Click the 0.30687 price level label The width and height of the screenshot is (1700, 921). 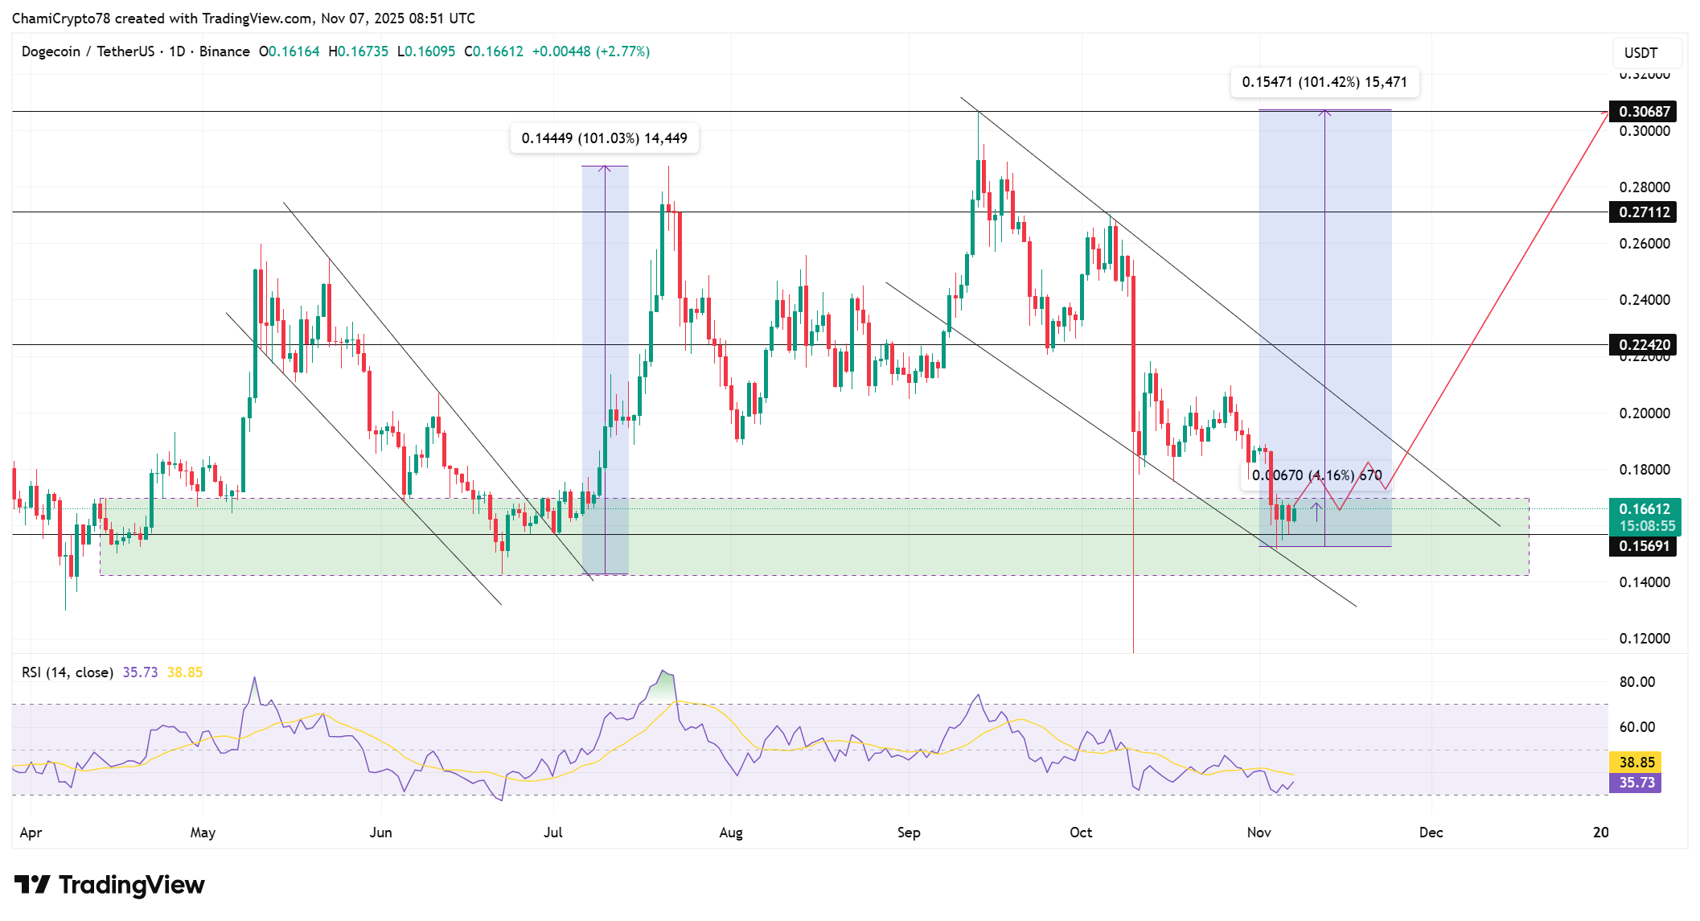click(x=1644, y=112)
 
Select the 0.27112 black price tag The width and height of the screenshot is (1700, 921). click(x=1644, y=212)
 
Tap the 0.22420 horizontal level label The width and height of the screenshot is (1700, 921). click(x=1644, y=345)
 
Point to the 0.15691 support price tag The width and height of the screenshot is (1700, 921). click(x=1644, y=546)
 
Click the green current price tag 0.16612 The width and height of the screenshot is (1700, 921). click(x=1644, y=509)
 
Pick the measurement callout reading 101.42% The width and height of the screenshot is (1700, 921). click(x=1324, y=82)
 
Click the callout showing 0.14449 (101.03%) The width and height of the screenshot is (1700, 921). click(x=604, y=138)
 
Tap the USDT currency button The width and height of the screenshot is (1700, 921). click(x=1640, y=53)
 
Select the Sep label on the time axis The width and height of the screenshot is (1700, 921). click(x=909, y=833)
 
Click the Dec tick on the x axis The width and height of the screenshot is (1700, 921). click(x=1431, y=833)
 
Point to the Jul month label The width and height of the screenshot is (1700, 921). click(x=552, y=833)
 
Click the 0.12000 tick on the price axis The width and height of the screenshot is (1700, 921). click(x=1644, y=639)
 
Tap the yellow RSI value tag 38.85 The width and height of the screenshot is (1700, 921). click(x=1636, y=762)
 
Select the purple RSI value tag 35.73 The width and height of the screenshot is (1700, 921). click(x=1636, y=783)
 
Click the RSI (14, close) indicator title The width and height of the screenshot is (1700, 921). click(x=68, y=672)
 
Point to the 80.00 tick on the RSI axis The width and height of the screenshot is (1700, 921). click(x=1636, y=682)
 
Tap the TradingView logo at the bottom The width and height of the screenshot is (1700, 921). click(x=110, y=885)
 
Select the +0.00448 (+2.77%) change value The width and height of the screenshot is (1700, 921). click(x=590, y=51)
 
